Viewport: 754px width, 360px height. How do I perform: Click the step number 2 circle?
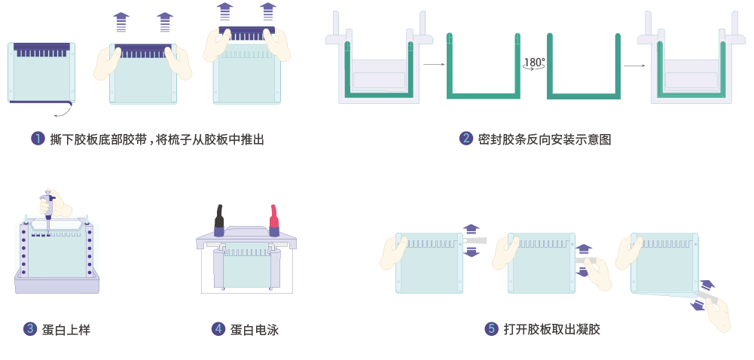click(466, 139)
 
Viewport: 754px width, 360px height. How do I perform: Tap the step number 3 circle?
click(30, 328)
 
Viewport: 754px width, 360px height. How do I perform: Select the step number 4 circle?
click(218, 328)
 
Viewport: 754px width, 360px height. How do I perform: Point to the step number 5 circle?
click(491, 328)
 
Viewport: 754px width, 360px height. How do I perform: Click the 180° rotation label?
click(534, 63)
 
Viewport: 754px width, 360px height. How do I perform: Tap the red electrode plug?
click(274, 216)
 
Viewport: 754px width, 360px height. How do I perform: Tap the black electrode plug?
click(219, 216)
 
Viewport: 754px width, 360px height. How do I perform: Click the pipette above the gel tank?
click(48, 208)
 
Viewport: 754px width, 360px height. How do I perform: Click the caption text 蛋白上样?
click(66, 329)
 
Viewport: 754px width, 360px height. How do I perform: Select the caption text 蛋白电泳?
click(255, 329)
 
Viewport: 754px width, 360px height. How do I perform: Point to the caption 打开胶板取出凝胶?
click(552, 329)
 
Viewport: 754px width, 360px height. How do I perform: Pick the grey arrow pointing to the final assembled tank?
click(634, 66)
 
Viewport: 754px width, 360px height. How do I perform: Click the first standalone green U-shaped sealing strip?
click(483, 94)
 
